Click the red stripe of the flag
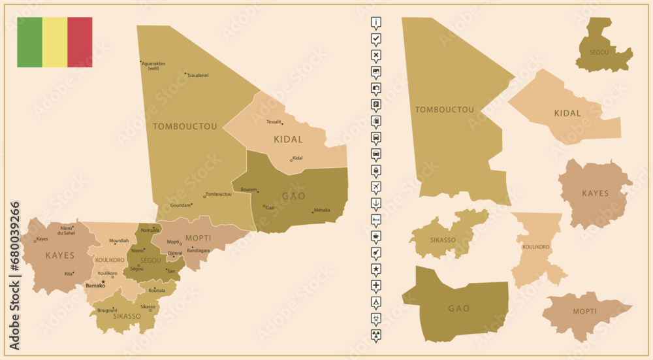[80, 42]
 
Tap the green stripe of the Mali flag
[29, 42]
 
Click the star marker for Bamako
[103, 282]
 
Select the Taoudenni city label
[198, 76]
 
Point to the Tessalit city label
[274, 122]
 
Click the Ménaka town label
[322, 210]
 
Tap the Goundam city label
[180, 205]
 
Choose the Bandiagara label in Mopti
[199, 250]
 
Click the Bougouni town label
[106, 310]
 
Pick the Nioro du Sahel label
[67, 230]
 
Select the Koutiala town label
[157, 290]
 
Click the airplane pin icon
[376, 187]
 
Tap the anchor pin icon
[376, 203]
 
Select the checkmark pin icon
[376, 39]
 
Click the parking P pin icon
[376, 105]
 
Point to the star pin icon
[376, 269]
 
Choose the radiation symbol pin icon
[376, 335]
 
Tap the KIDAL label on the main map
[288, 139]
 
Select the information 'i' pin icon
[376, 22]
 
